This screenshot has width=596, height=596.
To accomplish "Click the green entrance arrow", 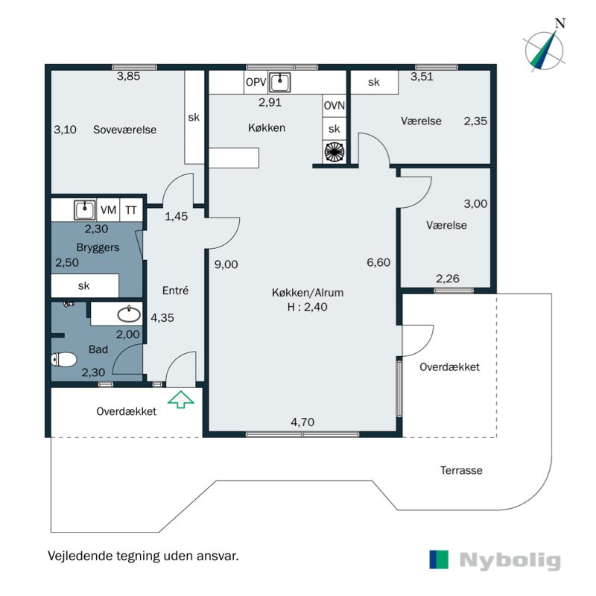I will coord(180,400).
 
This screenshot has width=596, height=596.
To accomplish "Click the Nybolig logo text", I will coord(510,560).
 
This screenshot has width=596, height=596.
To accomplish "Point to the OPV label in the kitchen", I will coord(255,82).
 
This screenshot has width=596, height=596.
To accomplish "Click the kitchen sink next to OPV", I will coord(280,81).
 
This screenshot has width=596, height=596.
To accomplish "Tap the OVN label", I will coord(335,106).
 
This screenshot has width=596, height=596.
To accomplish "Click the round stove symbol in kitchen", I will coord(335,151).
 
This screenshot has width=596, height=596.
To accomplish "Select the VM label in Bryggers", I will coord(108,210).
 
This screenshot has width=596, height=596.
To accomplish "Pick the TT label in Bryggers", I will coord(131,210).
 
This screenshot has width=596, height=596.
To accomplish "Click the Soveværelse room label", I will coord(124,130).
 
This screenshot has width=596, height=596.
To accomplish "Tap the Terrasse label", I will coord(460,470).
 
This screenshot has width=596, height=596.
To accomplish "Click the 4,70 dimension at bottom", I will coord(302,422).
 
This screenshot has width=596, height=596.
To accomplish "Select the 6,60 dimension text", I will coord(378,261).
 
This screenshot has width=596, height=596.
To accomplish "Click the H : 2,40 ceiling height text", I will coord(308,306).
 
